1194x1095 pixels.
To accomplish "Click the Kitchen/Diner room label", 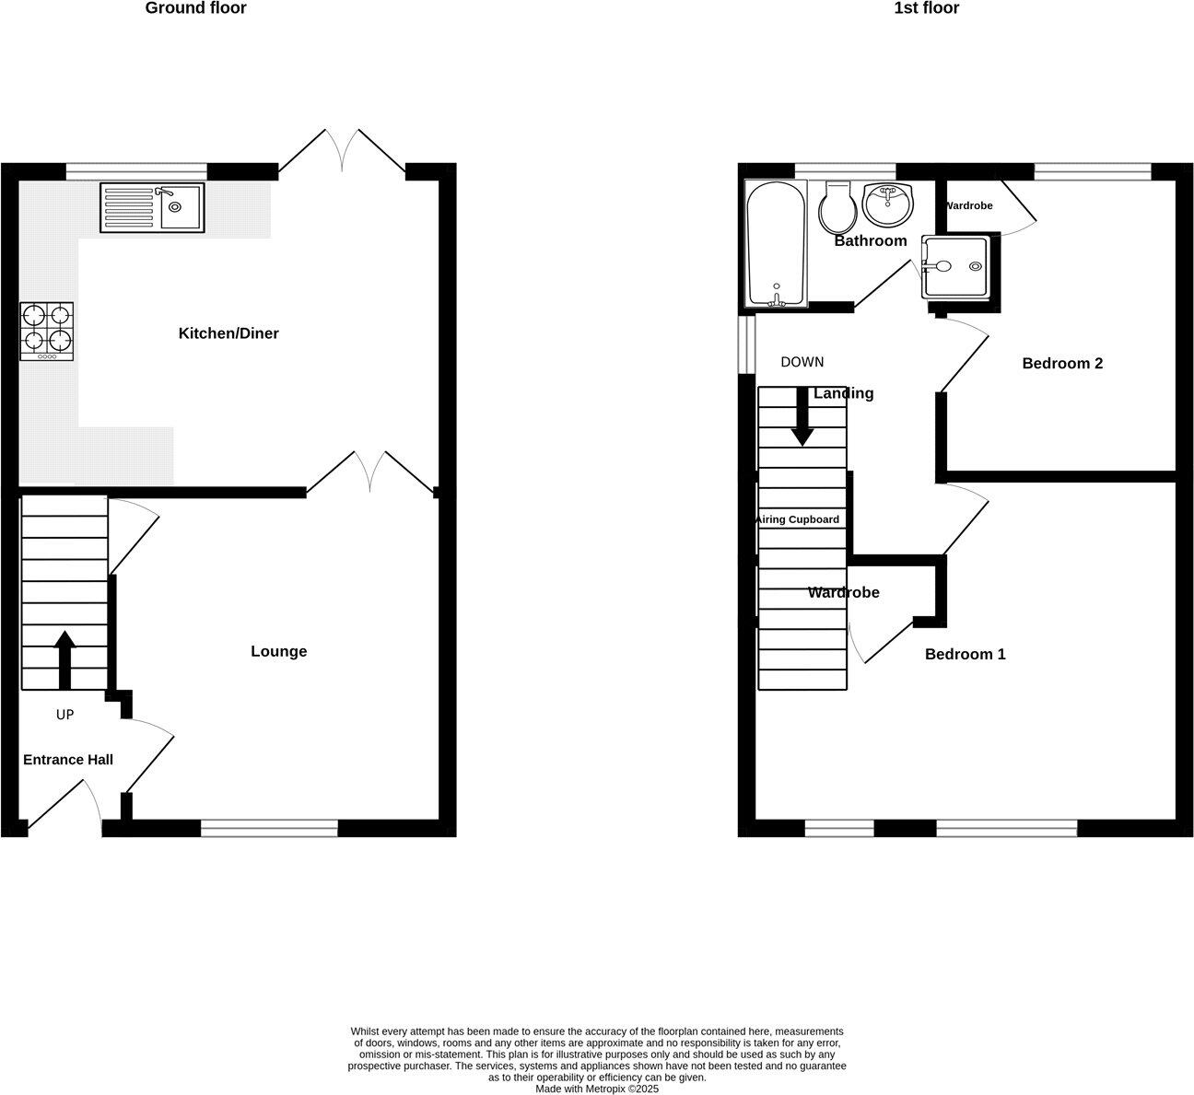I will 228,333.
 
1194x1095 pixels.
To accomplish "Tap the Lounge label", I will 279,652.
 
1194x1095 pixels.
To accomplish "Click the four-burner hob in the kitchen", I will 47,332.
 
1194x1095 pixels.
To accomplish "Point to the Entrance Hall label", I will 68,760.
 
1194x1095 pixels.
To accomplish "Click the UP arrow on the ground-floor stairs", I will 64,659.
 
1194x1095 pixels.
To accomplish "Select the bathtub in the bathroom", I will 776,244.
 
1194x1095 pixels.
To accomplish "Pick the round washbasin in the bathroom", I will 888,204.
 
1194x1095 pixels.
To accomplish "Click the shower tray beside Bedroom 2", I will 957,268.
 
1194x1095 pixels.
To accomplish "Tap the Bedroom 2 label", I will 1062,364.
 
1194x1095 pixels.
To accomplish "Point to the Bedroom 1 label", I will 966,655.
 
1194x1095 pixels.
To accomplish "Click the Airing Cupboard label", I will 798,519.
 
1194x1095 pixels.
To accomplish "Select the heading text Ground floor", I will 195,8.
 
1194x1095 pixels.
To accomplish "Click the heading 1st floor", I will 926,8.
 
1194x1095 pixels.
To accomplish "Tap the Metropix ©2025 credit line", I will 597,1089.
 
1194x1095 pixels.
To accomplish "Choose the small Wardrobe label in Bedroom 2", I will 968,206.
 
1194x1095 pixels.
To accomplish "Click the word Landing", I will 844,394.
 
